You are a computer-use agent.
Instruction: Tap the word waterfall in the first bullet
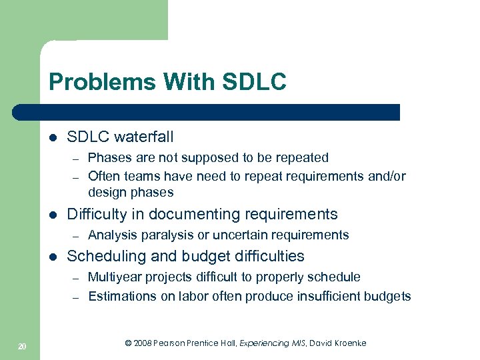click(x=143, y=137)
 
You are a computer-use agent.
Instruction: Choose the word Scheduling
click(x=107, y=257)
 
